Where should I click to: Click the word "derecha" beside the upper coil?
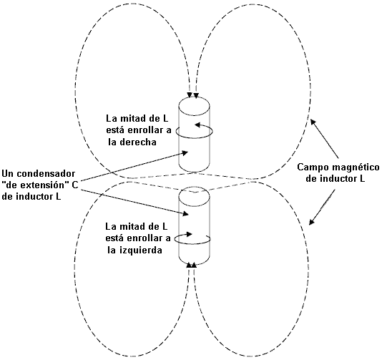tap(138, 142)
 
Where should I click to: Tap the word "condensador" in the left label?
tap(46, 174)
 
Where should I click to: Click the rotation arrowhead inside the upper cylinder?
tap(197, 125)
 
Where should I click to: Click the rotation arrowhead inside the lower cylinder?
tap(190, 234)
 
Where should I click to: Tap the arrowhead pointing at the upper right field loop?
tap(313, 122)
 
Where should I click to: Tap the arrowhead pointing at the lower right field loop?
tap(312, 221)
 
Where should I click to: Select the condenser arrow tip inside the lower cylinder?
tap(186, 214)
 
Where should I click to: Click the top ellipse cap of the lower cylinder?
tap(194, 188)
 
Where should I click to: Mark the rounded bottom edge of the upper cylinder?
tap(194, 172)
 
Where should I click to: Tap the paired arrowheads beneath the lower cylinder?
tap(192, 265)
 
